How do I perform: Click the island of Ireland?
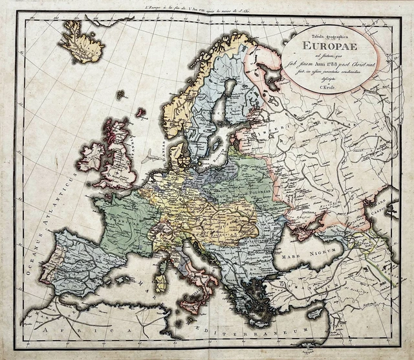click(x=91, y=157)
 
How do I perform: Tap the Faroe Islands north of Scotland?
click(x=120, y=95)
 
